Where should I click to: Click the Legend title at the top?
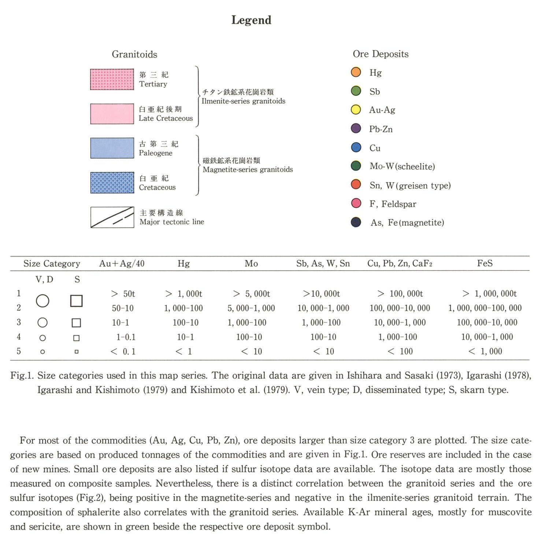[251, 20]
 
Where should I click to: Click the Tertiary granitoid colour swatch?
[112, 79]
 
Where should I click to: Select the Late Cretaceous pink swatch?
[112, 114]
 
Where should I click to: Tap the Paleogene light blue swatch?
[112, 148]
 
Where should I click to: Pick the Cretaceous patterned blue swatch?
[112, 183]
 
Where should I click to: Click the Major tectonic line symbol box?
[112, 217]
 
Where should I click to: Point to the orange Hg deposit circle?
[356, 72]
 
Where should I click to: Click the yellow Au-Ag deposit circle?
[356, 110]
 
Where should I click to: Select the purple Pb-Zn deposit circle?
[356, 129]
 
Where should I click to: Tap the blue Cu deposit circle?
[356, 147]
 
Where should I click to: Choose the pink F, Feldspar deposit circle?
[356, 203]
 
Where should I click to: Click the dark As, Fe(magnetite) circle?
[356, 222]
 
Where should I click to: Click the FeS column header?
[485, 263]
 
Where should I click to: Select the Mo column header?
[251, 264]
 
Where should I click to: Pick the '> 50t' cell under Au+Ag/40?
[123, 294]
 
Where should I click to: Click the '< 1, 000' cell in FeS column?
[485, 351]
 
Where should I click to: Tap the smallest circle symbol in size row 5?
[42, 352]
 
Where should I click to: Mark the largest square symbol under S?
[76, 301]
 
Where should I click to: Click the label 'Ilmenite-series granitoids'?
[244, 101]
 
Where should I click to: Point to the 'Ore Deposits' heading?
[380, 54]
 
